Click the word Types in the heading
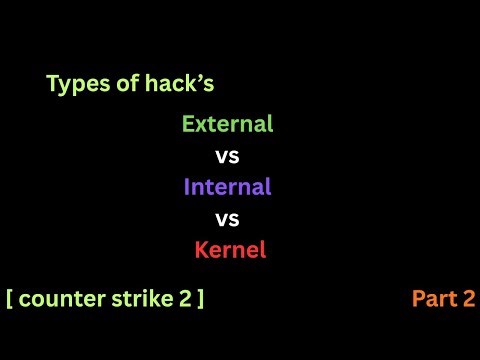pyautogui.click(x=73, y=85)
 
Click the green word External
pyautogui.click(x=227, y=125)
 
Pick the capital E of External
pyautogui.click(x=187, y=125)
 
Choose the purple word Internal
pyautogui.click(x=227, y=187)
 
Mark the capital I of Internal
pyautogui.click(x=187, y=187)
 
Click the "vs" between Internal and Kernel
pyautogui.click(x=228, y=218)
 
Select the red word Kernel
pyautogui.click(x=230, y=250)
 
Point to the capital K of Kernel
pyautogui.click(x=200, y=250)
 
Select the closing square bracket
pyautogui.click(x=200, y=297)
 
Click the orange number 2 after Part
pyautogui.click(x=468, y=297)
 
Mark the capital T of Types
pyautogui.click(x=52, y=85)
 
